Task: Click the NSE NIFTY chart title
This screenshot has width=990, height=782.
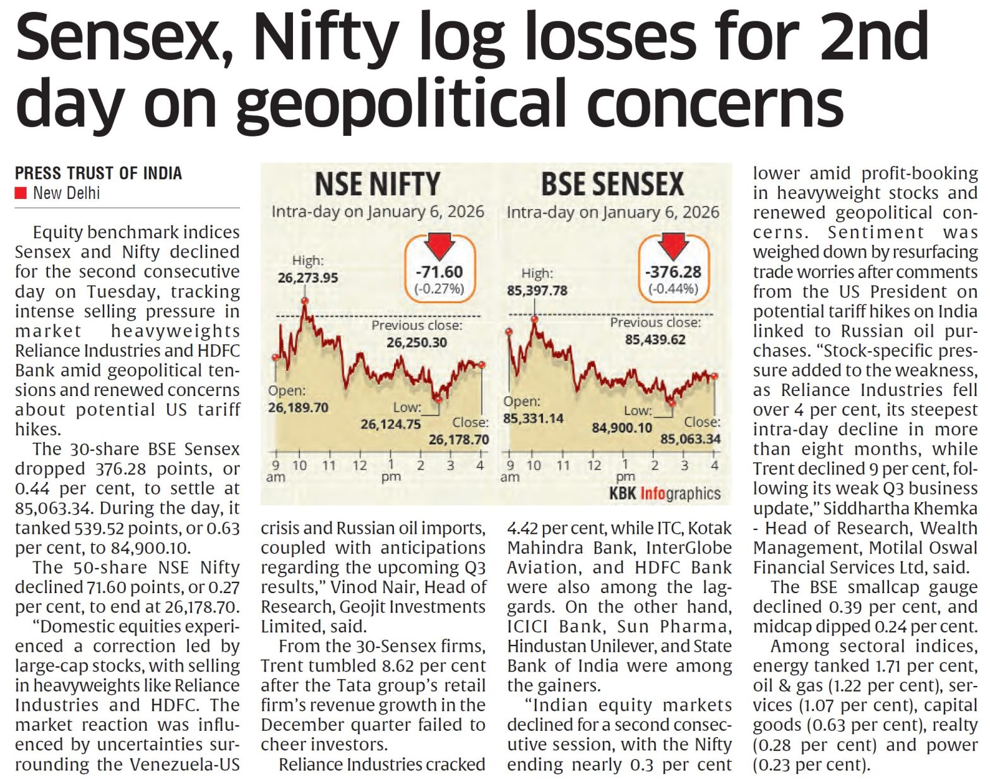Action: pyautogui.click(x=377, y=184)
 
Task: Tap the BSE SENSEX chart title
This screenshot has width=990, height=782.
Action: pyautogui.click(x=612, y=184)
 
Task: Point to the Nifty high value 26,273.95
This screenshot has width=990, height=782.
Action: pyautogui.click(x=307, y=277)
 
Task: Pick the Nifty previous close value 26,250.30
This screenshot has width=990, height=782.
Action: pyautogui.click(x=417, y=342)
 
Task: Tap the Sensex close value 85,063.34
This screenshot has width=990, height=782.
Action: pyautogui.click(x=690, y=438)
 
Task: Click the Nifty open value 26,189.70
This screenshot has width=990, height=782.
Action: pyautogui.click(x=298, y=407)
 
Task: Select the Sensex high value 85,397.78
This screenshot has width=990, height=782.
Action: pyautogui.click(x=537, y=291)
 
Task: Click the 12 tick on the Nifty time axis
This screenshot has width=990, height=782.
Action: pyautogui.click(x=360, y=466)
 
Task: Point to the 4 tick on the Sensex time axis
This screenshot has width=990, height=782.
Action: pyautogui.click(x=715, y=466)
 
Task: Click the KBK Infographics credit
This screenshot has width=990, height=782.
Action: pyautogui.click(x=665, y=493)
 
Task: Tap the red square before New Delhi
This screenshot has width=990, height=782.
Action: pyautogui.click(x=21, y=193)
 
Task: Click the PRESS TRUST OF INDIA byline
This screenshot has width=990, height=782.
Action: pyautogui.click(x=98, y=173)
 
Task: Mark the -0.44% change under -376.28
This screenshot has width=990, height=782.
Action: pyautogui.click(x=673, y=289)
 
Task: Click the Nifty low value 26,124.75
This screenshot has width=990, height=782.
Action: pyautogui.click(x=390, y=424)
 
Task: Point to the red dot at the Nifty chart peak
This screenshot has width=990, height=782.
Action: pyautogui.click(x=305, y=301)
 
